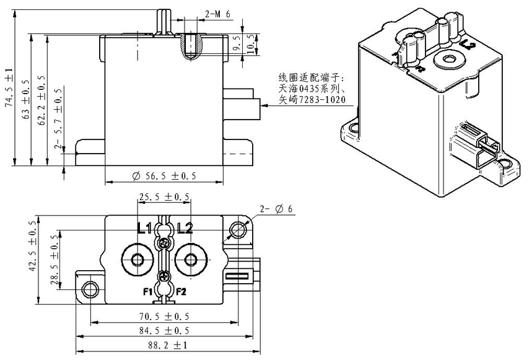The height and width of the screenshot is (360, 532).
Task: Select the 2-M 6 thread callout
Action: [x=220, y=12]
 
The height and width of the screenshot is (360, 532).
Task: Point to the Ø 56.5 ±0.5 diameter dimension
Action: [x=164, y=177]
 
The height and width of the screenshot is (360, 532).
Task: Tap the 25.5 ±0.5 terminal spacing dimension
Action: [x=164, y=197]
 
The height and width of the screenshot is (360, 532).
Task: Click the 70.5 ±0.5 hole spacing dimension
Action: [x=164, y=316]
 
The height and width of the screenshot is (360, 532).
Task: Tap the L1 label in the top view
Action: [x=144, y=228]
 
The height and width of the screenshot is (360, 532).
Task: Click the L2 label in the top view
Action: [x=185, y=228]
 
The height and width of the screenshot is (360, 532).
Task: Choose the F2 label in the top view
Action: [x=181, y=291]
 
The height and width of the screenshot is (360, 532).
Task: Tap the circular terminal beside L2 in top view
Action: [x=191, y=258]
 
